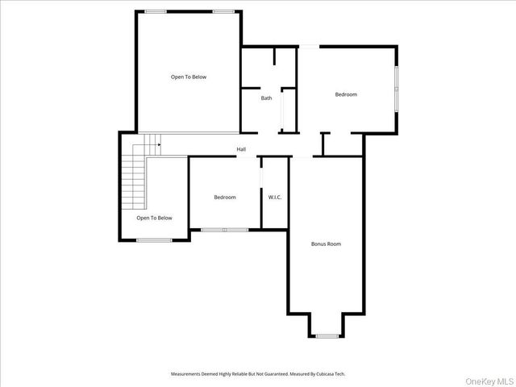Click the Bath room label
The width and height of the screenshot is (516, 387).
pos(266,98)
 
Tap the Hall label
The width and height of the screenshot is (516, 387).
pos(241,149)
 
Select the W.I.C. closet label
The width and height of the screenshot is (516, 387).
pos(275,198)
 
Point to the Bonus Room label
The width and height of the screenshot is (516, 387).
pos(327,243)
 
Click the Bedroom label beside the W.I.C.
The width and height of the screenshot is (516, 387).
pos(225,198)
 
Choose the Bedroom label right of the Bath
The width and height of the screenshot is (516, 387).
pos(346,94)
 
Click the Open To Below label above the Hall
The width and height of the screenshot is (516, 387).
pos(189,77)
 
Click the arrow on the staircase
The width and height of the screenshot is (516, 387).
pos(158,145)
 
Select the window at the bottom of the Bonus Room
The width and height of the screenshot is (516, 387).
pos(327,335)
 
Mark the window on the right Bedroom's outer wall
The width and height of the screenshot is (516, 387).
pos(395,89)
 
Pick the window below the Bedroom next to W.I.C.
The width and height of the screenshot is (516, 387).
pos(225,230)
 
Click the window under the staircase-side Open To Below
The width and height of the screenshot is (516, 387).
pos(154,239)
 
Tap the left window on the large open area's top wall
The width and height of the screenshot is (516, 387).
pos(156,10)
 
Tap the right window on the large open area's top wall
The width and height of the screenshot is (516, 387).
pos(225,10)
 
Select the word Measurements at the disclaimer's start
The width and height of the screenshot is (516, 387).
pos(189,373)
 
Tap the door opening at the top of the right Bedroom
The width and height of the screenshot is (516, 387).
pos(309,46)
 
